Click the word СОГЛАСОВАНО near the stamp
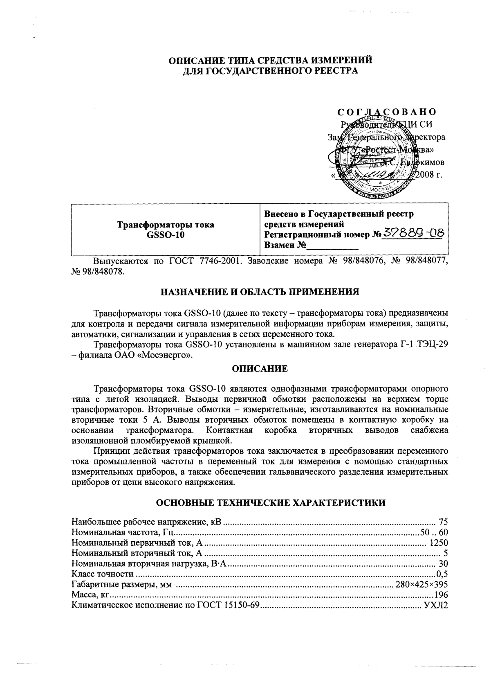[387, 112]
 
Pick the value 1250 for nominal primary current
[438, 543]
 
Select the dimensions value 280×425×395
[422, 584]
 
